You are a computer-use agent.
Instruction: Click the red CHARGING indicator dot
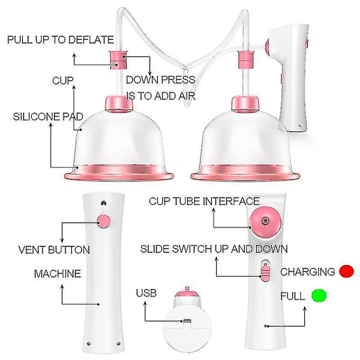346,271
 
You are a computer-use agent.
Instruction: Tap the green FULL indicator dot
319,295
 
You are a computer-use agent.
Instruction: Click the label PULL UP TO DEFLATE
61,40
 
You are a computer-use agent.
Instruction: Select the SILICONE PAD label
48,116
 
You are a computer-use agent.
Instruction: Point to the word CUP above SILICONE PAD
62,80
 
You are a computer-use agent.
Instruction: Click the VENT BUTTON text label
54,250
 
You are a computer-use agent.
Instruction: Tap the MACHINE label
58,274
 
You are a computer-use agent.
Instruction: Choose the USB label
146,293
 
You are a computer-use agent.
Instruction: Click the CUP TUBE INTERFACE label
205,201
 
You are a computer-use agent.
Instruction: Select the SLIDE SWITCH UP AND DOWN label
214,249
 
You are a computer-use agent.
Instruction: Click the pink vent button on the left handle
104,221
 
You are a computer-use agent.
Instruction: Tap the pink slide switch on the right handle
265,272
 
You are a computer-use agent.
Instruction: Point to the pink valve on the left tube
118,60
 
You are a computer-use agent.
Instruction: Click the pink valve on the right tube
245,60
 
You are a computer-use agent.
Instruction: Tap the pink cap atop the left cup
119,104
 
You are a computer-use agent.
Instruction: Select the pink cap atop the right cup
245,104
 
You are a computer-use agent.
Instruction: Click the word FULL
293,296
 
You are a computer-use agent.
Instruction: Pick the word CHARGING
308,272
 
